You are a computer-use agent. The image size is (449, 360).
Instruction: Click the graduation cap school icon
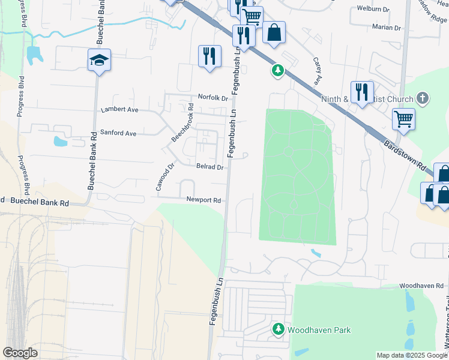coord(100,60)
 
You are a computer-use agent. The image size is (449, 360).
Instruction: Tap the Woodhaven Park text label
coord(319,330)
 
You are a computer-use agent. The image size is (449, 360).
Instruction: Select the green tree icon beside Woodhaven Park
coord(279,329)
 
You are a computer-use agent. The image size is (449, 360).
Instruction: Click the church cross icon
coord(423,98)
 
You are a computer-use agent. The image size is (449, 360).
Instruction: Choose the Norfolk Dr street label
coord(214,97)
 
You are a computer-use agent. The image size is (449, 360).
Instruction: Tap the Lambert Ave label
coord(119,110)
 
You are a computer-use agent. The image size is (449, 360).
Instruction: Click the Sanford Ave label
coord(118,133)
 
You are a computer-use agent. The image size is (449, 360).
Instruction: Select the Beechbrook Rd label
coord(182,124)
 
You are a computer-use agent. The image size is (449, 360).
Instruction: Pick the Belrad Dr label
coord(209,167)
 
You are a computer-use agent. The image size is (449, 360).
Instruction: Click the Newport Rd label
coord(203,200)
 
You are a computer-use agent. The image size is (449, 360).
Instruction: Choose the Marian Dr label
coord(386,28)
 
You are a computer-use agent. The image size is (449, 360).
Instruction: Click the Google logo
coord(20,353)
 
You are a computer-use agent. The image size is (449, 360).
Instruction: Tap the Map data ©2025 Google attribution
coord(411,355)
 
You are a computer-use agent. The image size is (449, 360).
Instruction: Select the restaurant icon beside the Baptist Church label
coord(362,92)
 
